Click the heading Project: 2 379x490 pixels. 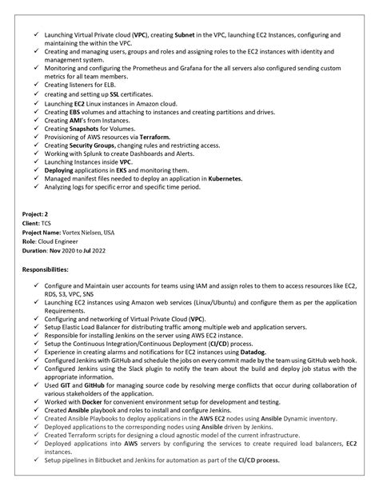[36, 215]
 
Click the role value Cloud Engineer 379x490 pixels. [64, 241]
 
